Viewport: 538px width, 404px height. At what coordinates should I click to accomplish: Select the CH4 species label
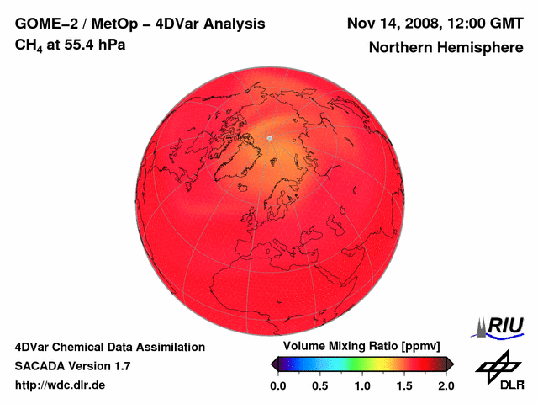tap(28, 45)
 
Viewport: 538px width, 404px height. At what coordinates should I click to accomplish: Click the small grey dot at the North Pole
tap(269, 137)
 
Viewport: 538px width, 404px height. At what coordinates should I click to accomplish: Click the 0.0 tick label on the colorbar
tap(278, 385)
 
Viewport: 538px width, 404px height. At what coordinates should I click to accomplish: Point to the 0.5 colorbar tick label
tap(319, 385)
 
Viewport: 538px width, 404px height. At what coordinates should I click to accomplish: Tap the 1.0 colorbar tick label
tap(362, 385)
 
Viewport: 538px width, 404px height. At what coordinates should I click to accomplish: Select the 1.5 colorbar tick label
tap(404, 385)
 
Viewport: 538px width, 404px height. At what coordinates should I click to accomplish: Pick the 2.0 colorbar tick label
tap(446, 385)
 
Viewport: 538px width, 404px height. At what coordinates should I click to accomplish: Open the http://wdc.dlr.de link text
tap(60, 385)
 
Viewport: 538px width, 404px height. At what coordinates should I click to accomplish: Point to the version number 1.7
tap(119, 366)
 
